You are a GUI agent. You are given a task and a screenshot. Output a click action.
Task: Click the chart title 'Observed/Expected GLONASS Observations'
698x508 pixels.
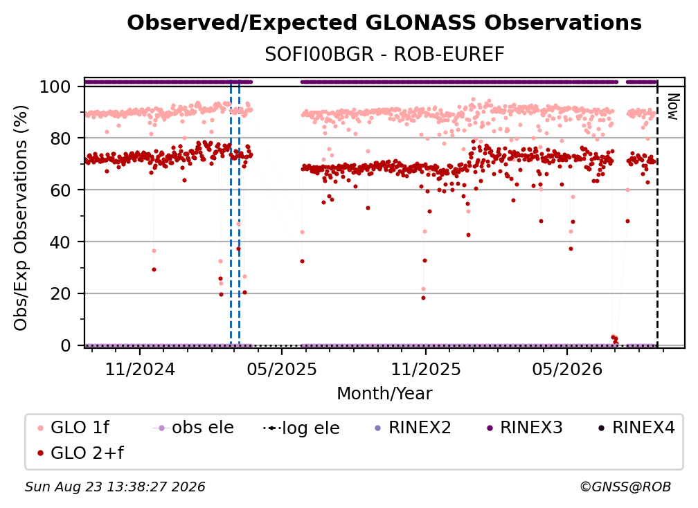tap(384, 23)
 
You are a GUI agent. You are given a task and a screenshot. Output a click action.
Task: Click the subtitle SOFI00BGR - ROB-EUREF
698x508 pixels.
tap(384, 55)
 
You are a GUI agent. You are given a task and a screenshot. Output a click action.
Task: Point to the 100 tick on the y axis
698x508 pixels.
tap(55, 87)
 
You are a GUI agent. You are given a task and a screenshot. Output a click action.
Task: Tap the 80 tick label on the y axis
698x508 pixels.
tap(60, 138)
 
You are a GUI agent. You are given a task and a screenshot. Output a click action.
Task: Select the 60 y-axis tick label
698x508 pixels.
tap(60, 190)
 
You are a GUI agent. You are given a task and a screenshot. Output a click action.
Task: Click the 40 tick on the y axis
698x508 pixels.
tap(60, 242)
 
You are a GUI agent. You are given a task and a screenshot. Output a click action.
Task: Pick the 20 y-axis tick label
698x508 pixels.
tap(60, 294)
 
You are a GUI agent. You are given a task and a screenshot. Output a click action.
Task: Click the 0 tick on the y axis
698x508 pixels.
tap(66, 345)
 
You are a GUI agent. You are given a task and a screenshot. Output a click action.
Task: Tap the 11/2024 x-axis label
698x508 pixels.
tap(140, 369)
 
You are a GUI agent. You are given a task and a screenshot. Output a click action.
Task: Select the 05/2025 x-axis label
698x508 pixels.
tap(281, 369)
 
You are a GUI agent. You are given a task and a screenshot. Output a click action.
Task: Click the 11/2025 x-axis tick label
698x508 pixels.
tap(426, 369)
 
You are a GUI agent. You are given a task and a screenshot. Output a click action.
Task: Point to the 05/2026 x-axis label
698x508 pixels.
tap(566, 369)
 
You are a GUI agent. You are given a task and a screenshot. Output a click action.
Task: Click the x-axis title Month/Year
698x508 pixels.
tap(384, 394)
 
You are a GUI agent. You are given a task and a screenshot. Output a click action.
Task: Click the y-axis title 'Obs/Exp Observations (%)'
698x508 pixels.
tap(21, 218)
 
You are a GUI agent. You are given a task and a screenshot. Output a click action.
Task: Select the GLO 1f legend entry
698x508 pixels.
tap(73, 428)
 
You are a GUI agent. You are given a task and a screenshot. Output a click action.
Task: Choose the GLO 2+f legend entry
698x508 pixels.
tap(80, 453)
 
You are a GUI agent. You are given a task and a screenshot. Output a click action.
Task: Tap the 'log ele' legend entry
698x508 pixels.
tap(301, 428)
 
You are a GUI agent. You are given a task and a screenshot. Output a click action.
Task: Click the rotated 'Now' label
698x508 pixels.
tap(672, 107)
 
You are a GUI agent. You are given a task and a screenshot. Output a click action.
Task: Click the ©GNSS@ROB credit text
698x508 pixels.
tap(625, 487)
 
